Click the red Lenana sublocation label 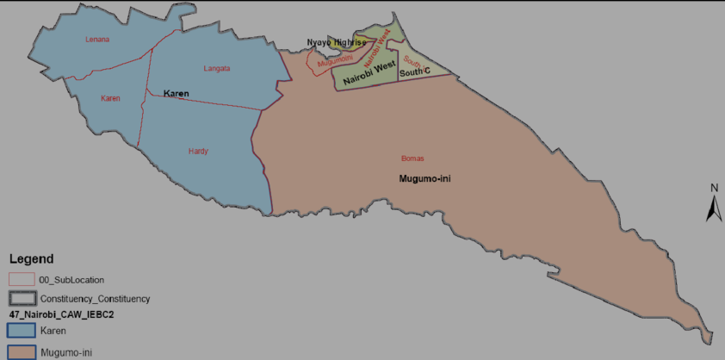98,40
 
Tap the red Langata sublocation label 217,68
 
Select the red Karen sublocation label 110,98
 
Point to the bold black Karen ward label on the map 176,93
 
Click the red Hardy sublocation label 198,152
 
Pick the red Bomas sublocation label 413,158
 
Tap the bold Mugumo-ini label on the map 425,179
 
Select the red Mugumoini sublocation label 335,59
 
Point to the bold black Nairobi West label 369,71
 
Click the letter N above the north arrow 714,188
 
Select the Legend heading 31,259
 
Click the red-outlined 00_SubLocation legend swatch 21,280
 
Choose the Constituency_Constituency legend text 95,299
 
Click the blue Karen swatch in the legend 21,331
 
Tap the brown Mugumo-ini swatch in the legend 21,352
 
